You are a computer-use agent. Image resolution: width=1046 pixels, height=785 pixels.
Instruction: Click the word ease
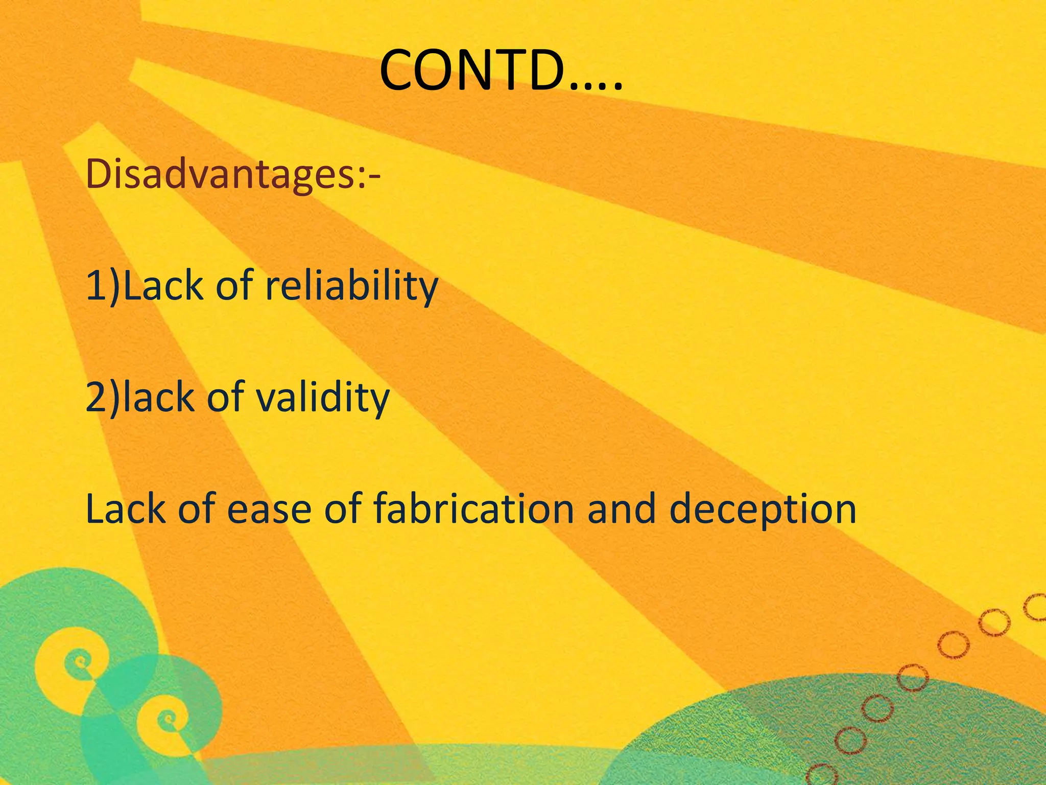tap(269, 509)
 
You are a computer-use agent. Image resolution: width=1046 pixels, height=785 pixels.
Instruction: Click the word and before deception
tap(621, 509)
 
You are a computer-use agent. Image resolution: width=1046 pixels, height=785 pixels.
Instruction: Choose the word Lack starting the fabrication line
tap(126, 509)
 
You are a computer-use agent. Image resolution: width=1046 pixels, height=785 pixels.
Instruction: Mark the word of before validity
tap(225, 398)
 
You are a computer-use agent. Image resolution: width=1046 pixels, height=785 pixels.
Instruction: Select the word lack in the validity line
tap(158, 398)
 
